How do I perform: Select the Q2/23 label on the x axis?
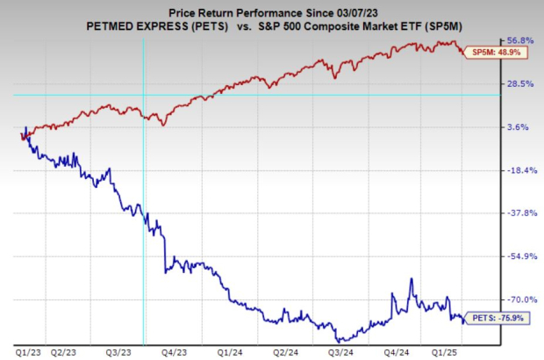click(63, 351)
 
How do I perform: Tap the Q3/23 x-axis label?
click(118, 351)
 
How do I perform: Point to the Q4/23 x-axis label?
click(175, 351)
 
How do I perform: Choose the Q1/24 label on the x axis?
click(231, 351)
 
